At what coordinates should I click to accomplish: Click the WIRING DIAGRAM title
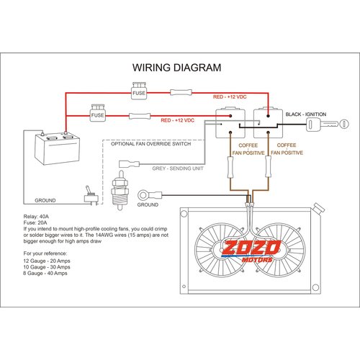tap(176, 68)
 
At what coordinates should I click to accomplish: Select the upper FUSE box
tap(140, 91)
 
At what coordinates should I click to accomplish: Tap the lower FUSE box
tap(99, 114)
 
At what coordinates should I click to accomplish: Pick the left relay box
tap(231, 123)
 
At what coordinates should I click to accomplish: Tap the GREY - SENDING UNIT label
tap(179, 171)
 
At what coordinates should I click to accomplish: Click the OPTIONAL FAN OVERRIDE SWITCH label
tap(151, 144)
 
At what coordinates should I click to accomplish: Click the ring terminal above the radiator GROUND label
tap(148, 192)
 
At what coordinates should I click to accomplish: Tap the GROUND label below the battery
tap(45, 200)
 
